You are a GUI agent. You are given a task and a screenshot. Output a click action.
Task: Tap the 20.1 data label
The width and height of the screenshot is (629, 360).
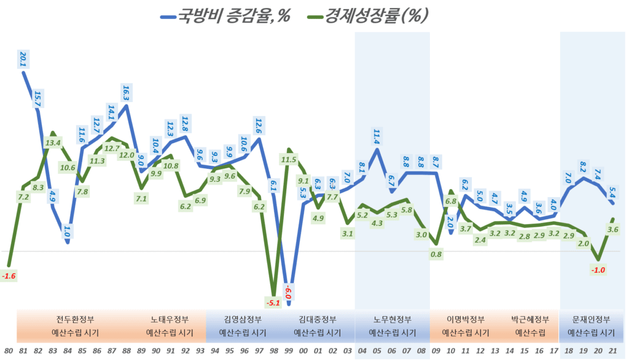click(x=23, y=59)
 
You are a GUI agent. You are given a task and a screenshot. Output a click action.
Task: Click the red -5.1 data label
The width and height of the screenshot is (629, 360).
click(x=273, y=302)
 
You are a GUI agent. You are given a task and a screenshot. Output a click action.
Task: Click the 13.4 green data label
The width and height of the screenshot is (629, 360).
click(x=53, y=143)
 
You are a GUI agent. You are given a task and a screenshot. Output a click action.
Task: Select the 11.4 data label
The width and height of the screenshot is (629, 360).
click(x=377, y=135)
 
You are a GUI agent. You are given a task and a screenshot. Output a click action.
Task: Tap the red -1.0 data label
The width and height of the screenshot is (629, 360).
click(x=597, y=269)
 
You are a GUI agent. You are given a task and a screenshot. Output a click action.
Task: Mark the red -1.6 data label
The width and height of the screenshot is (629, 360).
click(x=9, y=276)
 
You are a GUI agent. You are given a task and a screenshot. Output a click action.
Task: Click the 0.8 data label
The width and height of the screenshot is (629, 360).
click(x=436, y=254)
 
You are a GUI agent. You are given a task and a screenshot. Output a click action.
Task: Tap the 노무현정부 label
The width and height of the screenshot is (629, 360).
click(x=393, y=319)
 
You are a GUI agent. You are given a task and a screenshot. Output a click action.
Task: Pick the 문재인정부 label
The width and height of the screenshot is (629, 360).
click(x=591, y=319)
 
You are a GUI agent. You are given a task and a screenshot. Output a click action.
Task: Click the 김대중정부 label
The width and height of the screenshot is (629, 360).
click(x=318, y=319)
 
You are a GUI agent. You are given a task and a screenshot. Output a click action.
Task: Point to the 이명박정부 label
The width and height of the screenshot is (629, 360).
click(x=466, y=319)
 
